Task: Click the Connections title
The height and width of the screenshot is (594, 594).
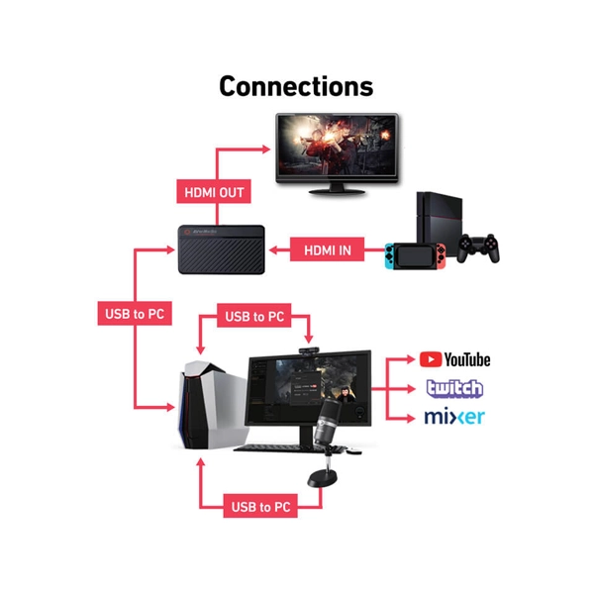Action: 296,87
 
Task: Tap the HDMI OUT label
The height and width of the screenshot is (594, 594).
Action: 214,192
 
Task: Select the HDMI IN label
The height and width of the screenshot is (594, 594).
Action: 328,249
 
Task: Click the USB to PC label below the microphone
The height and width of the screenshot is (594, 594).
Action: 260,506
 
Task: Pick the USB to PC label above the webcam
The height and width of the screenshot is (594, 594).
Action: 254,316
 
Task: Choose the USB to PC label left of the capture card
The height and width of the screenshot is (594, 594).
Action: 135,313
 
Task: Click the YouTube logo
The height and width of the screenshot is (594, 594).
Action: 454,359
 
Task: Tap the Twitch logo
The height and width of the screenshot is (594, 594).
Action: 454,389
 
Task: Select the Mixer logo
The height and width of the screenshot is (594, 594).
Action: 454,417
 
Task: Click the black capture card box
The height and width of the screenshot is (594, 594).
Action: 222,249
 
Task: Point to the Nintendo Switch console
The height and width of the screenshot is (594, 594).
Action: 415,255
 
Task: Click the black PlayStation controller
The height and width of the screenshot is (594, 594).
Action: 478,248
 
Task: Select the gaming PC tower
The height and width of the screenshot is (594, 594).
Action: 212,405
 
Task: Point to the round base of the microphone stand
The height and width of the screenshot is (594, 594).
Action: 322,478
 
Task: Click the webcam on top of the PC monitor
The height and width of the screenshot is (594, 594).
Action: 309,351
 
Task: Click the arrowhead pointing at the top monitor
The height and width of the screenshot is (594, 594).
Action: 266,149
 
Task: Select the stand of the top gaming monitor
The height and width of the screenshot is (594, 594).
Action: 337,189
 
